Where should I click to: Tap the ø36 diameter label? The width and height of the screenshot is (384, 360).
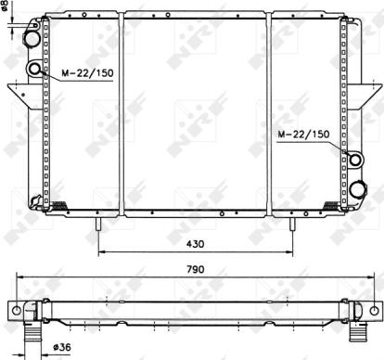point(63,347)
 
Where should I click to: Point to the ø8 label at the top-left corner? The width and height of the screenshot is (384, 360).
point(5,14)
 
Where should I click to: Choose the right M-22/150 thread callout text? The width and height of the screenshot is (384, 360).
point(303,135)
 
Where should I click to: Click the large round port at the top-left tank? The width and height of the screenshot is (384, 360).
point(32,40)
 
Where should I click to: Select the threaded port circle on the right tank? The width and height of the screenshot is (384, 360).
point(351,159)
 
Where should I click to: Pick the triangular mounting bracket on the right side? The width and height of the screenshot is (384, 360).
point(364,96)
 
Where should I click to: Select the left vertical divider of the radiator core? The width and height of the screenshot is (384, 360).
point(122,111)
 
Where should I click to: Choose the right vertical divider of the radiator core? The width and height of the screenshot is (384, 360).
point(270,111)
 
